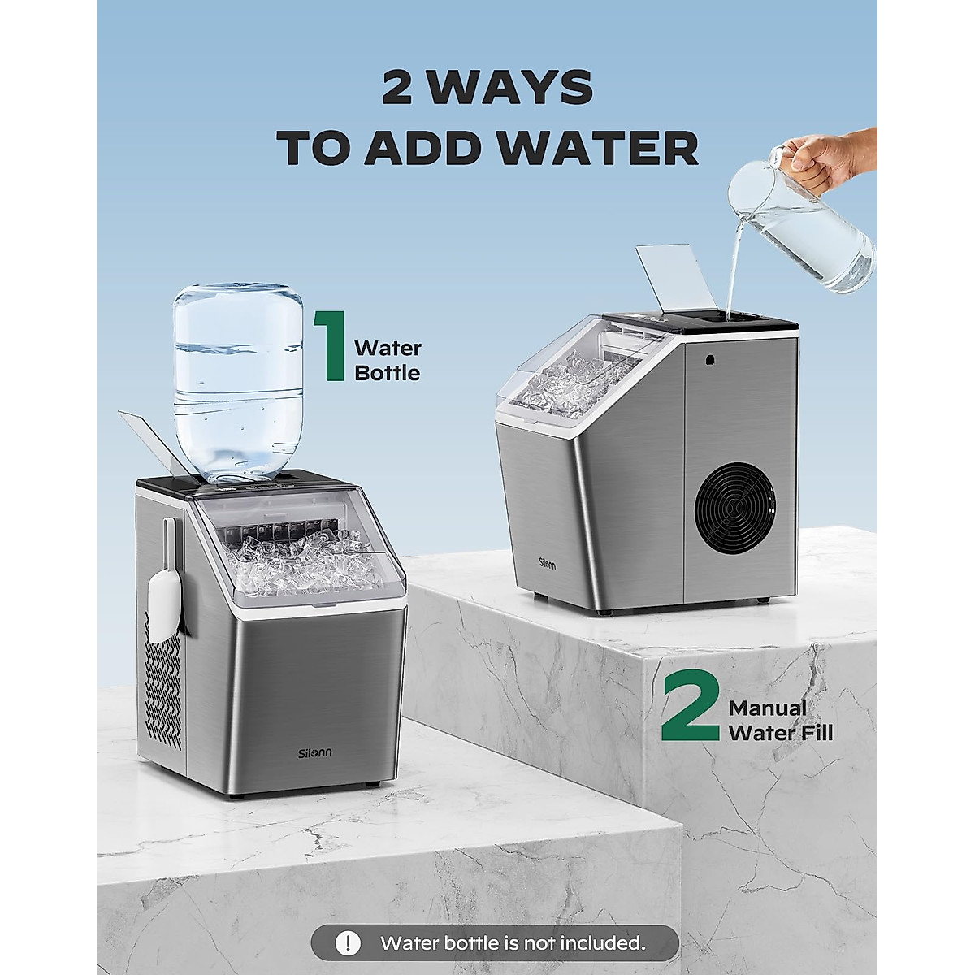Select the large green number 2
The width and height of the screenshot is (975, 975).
click(x=690, y=707)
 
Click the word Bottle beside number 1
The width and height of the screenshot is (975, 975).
click(x=388, y=374)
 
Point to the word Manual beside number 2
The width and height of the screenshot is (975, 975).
click(x=768, y=708)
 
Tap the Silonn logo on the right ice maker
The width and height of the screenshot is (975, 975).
click(x=546, y=563)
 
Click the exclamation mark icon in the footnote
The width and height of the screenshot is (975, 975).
click(x=349, y=943)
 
